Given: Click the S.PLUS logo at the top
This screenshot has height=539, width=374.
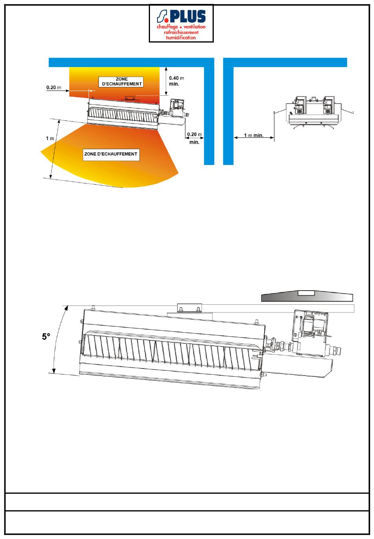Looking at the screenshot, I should [181, 23].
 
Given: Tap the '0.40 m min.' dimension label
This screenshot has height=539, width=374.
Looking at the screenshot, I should [176, 81].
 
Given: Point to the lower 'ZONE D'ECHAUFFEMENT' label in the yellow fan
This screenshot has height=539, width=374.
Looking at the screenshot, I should [111, 154].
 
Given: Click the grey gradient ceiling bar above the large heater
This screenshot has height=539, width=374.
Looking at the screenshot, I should [307, 297].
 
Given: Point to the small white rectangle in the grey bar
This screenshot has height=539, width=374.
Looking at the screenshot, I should [306, 293].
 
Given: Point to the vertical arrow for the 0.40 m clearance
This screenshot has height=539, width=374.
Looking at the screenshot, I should [165, 81].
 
